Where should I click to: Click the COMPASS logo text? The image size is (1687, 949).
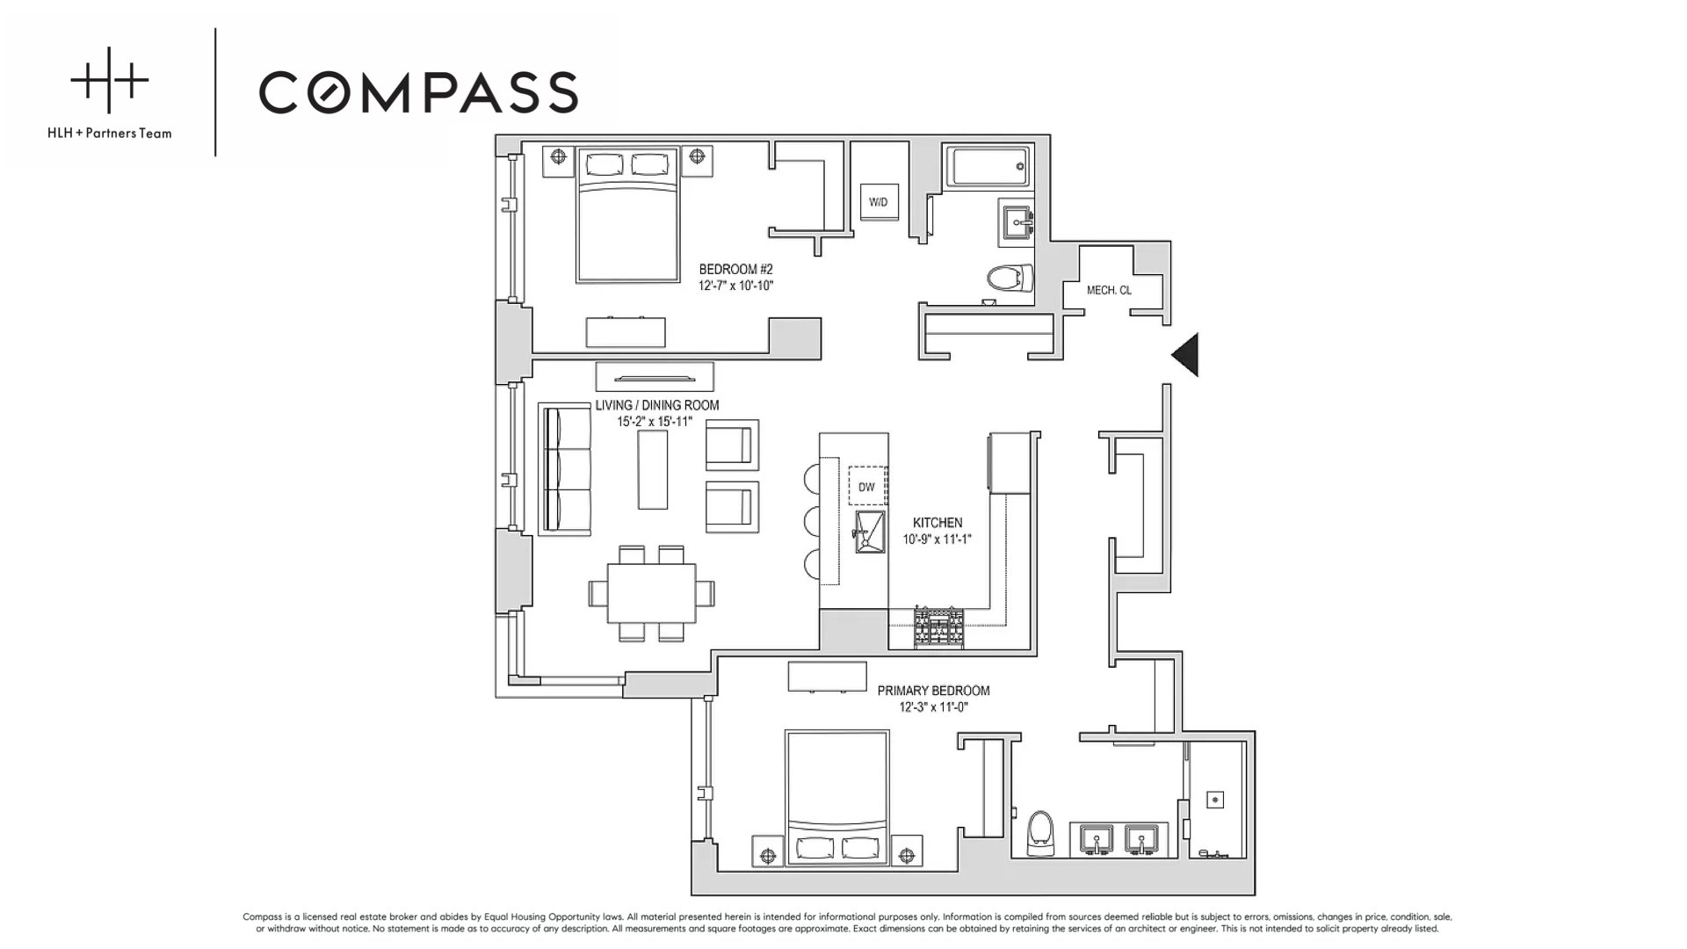coord(418,92)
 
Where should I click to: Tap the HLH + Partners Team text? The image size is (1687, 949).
coord(110,134)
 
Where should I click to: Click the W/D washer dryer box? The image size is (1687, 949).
coord(878,202)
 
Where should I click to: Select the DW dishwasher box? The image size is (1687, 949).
coord(867,486)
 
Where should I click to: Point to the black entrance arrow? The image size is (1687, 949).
coord(1186,355)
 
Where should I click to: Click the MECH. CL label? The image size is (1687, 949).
coord(1109,290)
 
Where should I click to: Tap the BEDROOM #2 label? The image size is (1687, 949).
coord(735,269)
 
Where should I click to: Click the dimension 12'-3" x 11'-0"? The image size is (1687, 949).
coord(933,707)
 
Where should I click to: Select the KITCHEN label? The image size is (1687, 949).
coord(938,522)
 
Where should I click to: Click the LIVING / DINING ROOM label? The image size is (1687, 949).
coord(656,405)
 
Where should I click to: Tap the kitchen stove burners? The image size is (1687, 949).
coord(938,627)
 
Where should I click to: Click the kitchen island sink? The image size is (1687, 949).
coord(870,532)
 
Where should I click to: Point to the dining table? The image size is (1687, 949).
coord(651,592)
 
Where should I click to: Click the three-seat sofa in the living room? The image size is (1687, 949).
coord(565,469)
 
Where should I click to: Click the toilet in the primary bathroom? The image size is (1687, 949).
coord(1040,831)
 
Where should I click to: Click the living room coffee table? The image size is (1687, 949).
coord(653,469)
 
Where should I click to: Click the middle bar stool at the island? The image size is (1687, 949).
coord(812,522)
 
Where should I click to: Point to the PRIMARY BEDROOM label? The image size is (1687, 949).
coord(933,691)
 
